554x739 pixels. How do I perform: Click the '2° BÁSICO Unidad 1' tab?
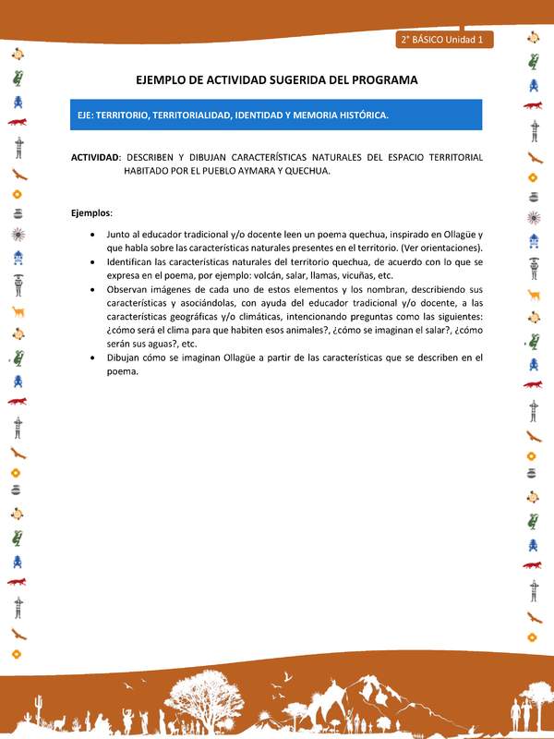[x=446, y=40]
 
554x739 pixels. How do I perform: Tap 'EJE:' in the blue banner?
[x=90, y=115]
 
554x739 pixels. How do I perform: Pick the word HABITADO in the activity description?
[x=151, y=171]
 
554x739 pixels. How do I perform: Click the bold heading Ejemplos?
[x=90, y=213]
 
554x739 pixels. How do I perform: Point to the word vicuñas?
[x=372, y=275]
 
